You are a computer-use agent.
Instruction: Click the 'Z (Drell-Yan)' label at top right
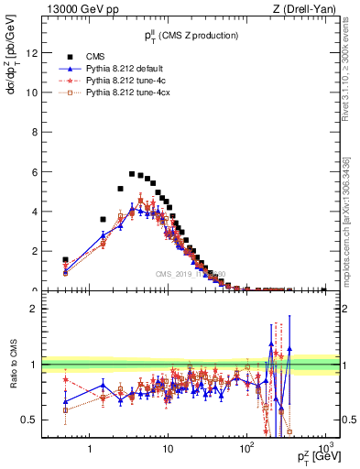(x=309, y=9)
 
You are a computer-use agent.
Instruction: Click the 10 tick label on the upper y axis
(x=30, y=92)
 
